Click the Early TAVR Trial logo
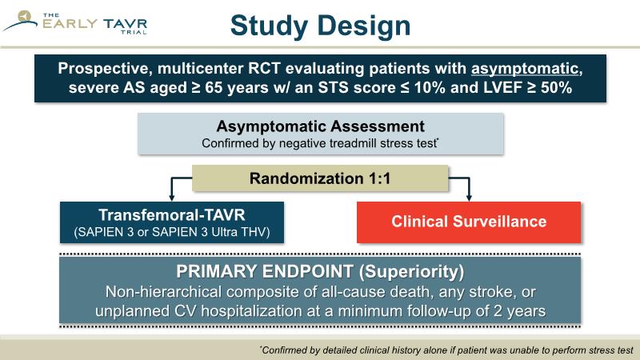(x=74, y=23)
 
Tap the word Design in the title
(x=364, y=26)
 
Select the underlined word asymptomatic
(x=525, y=69)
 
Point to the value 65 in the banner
(x=214, y=88)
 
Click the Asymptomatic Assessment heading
(x=321, y=126)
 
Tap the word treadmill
(x=352, y=144)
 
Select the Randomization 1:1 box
(x=321, y=178)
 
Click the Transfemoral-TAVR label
(x=172, y=214)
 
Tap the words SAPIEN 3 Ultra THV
(x=211, y=232)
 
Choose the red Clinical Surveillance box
(x=469, y=222)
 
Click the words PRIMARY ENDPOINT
(x=265, y=271)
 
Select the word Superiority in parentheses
(x=411, y=272)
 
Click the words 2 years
(x=519, y=311)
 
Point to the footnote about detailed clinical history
(x=446, y=350)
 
